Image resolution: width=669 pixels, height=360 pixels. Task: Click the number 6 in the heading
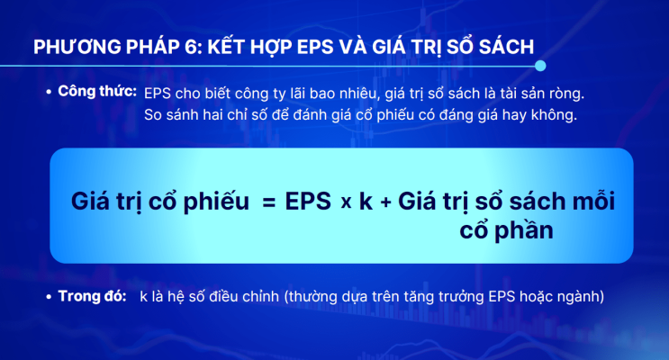tap(192, 47)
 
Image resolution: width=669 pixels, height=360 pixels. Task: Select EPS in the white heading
tap(315, 47)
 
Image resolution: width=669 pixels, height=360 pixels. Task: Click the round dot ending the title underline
tap(540, 66)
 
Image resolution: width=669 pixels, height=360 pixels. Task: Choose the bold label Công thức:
tap(97, 91)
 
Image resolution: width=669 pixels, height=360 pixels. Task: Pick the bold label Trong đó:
tap(92, 295)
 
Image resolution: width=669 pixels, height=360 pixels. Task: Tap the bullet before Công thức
tap(49, 91)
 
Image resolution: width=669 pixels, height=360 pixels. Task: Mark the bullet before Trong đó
tap(49, 296)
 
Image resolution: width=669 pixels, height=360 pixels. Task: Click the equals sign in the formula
tap(269, 202)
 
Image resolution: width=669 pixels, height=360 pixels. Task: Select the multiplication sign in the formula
tap(347, 202)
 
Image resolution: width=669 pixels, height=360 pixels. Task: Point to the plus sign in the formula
tap(385, 202)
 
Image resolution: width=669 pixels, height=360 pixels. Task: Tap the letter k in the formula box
tap(366, 201)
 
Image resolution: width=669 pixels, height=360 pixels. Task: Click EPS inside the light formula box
tap(308, 201)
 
